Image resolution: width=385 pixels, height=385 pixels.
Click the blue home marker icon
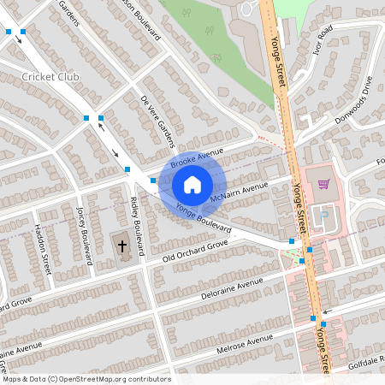point(192,185)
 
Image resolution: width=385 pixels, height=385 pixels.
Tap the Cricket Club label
point(50,77)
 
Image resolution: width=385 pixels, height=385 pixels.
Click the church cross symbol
point(121,246)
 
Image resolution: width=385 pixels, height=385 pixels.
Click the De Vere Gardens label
point(157,120)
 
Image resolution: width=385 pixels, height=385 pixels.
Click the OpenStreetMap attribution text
point(86,379)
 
